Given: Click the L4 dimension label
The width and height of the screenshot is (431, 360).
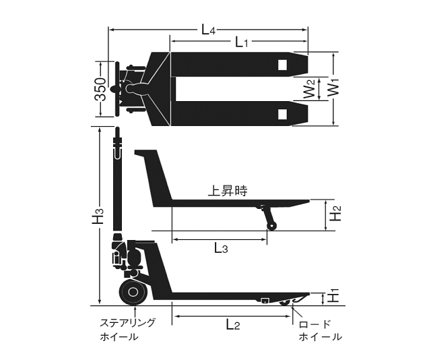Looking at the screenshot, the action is (208, 30).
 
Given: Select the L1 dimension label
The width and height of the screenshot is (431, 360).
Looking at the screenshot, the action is (242, 42).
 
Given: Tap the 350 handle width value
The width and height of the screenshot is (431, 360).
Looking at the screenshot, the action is (100, 89).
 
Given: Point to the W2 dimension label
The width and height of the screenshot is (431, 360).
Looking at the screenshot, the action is (310, 89).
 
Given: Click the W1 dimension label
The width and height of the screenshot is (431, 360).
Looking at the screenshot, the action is (334, 88).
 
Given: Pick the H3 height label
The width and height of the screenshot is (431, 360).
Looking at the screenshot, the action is (98, 215).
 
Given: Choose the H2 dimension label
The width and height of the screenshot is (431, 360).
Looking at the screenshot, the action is (335, 213).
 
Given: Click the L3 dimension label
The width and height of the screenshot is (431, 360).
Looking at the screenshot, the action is (221, 249).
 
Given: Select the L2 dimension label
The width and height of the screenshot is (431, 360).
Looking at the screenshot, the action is (233, 325).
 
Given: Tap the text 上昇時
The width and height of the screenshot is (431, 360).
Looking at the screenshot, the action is (228, 191).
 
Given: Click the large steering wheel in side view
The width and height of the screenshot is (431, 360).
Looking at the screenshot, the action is (133, 292).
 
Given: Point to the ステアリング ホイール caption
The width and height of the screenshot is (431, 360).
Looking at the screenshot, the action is (127, 330).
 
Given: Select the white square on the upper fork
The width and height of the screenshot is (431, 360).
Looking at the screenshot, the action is (282, 65).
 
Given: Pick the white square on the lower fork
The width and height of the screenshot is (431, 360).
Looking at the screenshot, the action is (282, 114).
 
